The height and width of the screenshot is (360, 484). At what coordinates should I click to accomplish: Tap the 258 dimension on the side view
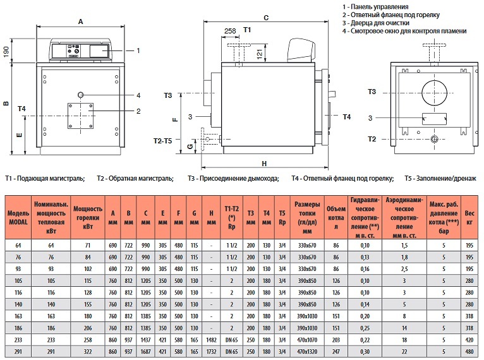[230, 30]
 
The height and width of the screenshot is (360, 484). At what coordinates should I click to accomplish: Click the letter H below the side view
[264, 164]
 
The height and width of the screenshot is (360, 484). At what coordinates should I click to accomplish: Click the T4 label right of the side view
[346, 117]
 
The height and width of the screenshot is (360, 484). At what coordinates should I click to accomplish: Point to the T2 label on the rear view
[372, 139]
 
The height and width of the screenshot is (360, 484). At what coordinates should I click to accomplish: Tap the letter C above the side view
[266, 18]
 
